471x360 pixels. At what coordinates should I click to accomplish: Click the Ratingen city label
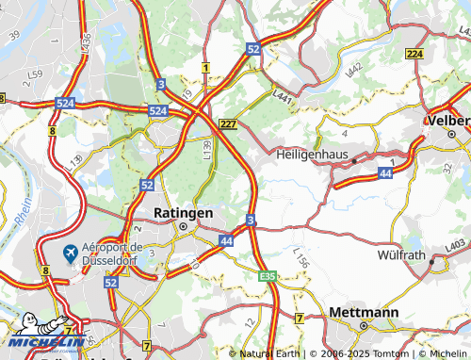[185, 213]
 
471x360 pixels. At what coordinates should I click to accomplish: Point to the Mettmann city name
[364, 311]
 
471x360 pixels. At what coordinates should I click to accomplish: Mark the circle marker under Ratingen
[185, 226]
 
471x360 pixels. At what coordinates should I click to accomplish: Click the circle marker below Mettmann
[364, 325]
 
